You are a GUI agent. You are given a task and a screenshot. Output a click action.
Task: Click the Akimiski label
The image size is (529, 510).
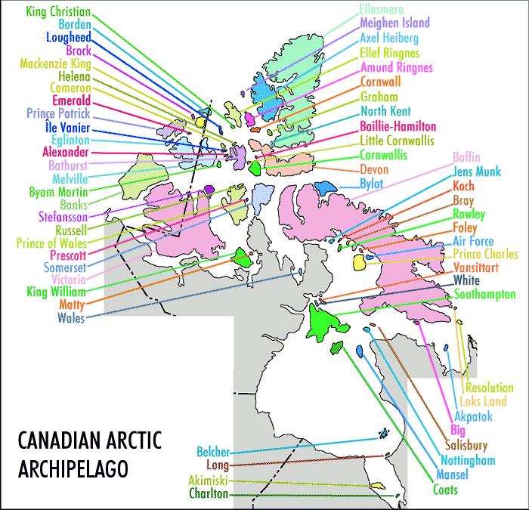[x=207, y=481]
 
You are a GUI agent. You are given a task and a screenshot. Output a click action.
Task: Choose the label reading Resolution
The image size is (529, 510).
[x=489, y=388]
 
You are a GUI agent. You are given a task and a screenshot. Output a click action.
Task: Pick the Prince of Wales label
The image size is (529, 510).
[x=51, y=243]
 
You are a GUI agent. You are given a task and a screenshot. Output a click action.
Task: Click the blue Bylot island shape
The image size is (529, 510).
[x=326, y=187]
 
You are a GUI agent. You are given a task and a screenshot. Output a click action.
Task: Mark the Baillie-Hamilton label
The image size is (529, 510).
[x=398, y=125]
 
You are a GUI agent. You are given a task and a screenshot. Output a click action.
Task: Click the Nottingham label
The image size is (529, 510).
[x=469, y=460]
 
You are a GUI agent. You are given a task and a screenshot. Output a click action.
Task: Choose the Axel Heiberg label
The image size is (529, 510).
[x=389, y=38]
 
